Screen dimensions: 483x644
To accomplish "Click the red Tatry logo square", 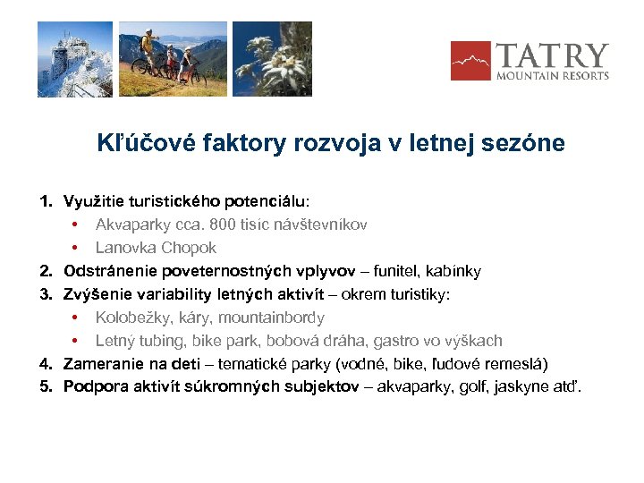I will tap(470, 61).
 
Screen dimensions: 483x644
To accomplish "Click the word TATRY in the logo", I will tap(552, 55).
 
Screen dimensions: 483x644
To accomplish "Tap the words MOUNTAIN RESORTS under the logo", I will tap(553, 76).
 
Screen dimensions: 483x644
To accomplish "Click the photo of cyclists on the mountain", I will tap(173, 59).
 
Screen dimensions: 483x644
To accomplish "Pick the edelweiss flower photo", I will tap(272, 59).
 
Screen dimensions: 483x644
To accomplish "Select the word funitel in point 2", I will tap(395, 270).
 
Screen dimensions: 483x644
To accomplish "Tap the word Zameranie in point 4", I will tap(101, 363).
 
